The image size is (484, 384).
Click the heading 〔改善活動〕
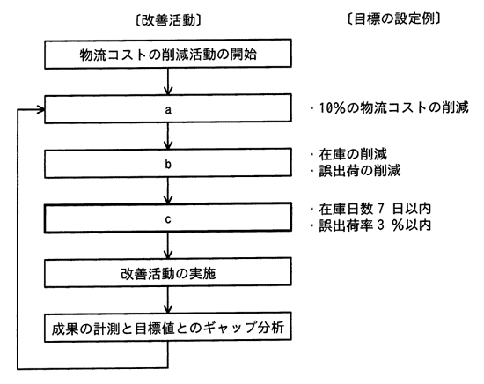click(168, 21)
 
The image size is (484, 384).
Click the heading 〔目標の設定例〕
click(393, 18)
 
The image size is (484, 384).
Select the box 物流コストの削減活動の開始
click(168, 54)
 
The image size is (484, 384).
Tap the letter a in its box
click(168, 110)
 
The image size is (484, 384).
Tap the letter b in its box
click(168, 164)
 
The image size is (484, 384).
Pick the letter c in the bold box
click(168, 219)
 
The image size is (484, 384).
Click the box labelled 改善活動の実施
click(168, 272)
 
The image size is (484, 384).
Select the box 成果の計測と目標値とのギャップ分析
click(168, 328)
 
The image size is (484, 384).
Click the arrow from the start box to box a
click(168, 82)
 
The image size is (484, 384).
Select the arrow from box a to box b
click(168, 137)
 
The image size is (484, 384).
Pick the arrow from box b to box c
click(168, 190)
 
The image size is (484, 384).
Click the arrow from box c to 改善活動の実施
click(168, 246)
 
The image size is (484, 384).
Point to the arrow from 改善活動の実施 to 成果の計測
click(168, 300)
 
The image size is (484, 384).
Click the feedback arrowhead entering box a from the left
click(41, 109)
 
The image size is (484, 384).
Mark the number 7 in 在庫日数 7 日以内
click(380, 209)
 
